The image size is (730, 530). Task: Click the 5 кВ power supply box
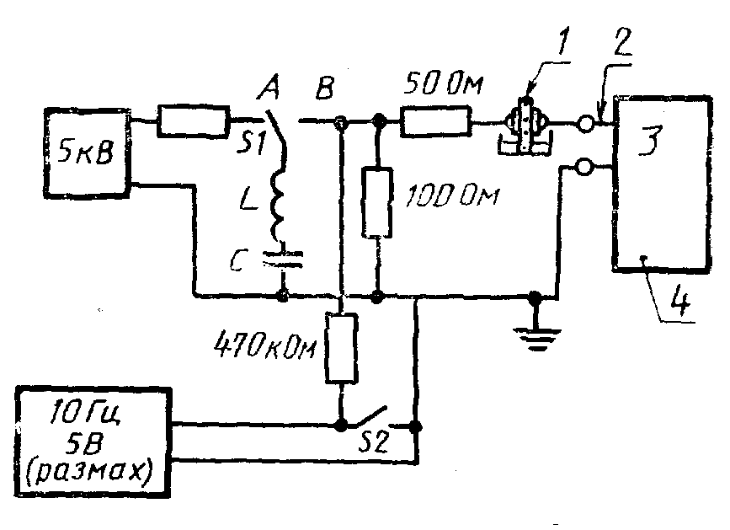(x=87, y=153)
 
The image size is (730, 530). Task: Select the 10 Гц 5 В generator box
(x=93, y=442)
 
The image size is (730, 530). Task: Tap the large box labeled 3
(x=662, y=183)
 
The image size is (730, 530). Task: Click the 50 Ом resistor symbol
(x=436, y=122)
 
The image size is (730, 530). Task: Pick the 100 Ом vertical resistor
(x=377, y=202)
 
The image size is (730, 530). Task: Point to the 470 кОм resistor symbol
(x=342, y=348)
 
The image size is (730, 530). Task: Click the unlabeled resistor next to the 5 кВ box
(x=193, y=121)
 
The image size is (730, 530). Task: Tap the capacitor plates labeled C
(x=282, y=260)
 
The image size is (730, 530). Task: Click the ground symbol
(x=537, y=338)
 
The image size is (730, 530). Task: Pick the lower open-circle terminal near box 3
(x=584, y=166)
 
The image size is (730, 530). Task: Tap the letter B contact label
(x=324, y=87)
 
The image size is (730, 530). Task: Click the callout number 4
(x=680, y=302)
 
